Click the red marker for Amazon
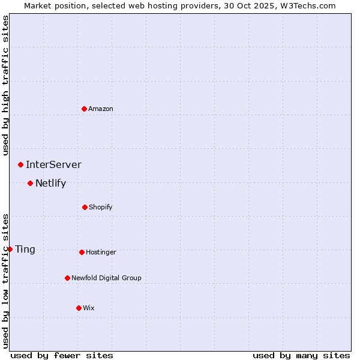84,109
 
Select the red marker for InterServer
20,164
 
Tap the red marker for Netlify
30,183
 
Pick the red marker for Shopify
85,207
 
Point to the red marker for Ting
10,249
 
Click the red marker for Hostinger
82,252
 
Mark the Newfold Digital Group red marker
67,278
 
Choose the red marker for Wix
79,308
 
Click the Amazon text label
101,109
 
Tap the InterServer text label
53,164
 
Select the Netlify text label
50,183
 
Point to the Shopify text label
101,207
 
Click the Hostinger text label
101,252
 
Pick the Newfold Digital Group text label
106,278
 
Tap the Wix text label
89,308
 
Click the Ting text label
25,249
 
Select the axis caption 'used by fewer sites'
62,355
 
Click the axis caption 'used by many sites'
301,355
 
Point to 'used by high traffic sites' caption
5,85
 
